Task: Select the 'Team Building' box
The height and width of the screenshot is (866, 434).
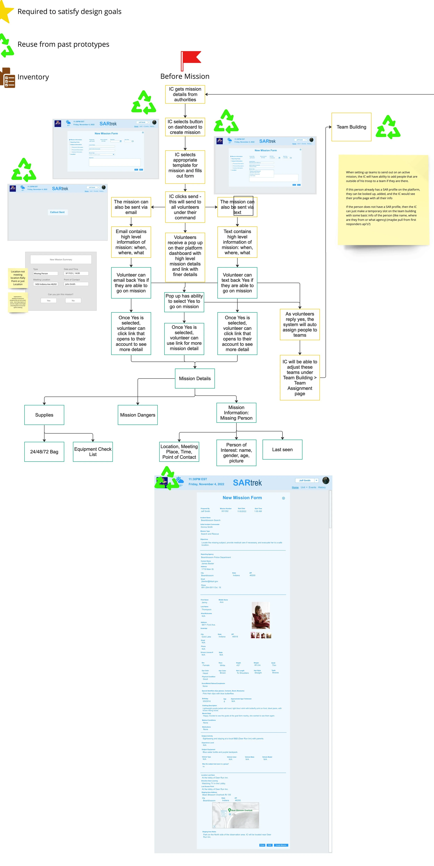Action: click(351, 127)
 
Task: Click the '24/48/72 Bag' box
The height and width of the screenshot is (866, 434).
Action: click(44, 451)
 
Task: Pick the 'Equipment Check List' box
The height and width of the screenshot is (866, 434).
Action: click(93, 451)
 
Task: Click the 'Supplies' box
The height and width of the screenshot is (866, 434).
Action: click(44, 415)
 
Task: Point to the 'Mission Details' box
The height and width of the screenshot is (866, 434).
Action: click(195, 378)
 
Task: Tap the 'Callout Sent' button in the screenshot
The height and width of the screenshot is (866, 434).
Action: click(57, 212)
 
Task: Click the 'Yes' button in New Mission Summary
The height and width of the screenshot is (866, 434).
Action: click(49, 301)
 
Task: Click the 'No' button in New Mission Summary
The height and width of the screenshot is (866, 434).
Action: click(73, 301)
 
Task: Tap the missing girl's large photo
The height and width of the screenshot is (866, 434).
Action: click(261, 615)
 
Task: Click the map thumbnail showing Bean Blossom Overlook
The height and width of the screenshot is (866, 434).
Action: click(235, 815)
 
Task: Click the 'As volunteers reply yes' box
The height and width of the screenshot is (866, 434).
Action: click(299, 324)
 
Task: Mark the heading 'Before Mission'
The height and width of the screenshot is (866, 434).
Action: click(185, 76)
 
